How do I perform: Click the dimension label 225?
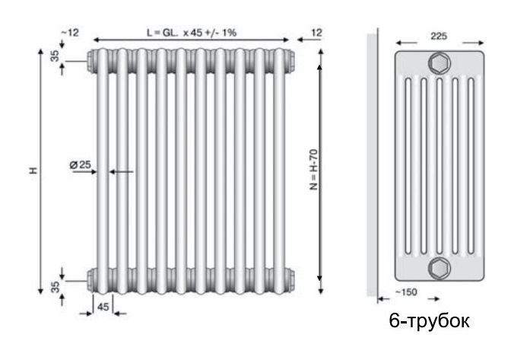pyautogui.click(x=439, y=36)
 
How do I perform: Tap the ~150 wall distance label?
pyautogui.click(x=406, y=292)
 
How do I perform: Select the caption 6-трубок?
pyautogui.click(x=429, y=321)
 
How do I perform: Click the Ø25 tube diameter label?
pyautogui.click(x=80, y=164)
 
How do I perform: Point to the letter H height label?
pyautogui.click(x=33, y=170)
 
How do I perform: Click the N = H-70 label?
pyautogui.click(x=313, y=169)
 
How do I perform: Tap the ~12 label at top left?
pyautogui.click(x=71, y=33)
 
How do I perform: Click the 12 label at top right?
pyautogui.click(x=316, y=33)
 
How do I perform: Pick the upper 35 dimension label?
pyautogui.click(x=56, y=56)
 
